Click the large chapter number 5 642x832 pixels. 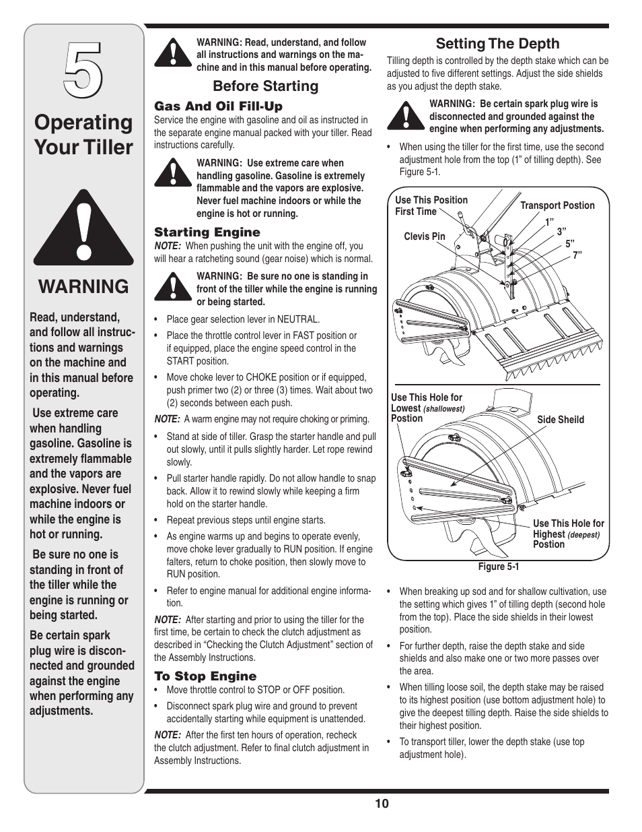point(83,67)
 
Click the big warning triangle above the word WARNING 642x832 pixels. point(83,224)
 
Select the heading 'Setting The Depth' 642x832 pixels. point(497,44)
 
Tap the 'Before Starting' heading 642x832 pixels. point(265,86)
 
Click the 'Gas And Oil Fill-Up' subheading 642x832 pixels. point(218,106)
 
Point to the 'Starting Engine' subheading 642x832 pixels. point(207,232)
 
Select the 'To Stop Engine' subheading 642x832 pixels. point(205,676)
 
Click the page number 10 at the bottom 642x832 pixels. point(382,803)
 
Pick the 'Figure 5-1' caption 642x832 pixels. point(498,567)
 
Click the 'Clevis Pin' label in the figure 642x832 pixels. point(424,236)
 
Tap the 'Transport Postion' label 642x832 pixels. point(557,205)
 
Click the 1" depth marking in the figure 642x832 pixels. point(549,221)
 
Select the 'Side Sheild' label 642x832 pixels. point(560,420)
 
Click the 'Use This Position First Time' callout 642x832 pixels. point(431,205)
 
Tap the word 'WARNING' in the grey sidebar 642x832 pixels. point(83,286)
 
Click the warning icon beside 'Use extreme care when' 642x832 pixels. point(172,172)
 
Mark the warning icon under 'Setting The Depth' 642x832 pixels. point(405,115)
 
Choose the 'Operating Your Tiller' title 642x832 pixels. point(83,135)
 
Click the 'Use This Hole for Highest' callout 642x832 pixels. point(568,534)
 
